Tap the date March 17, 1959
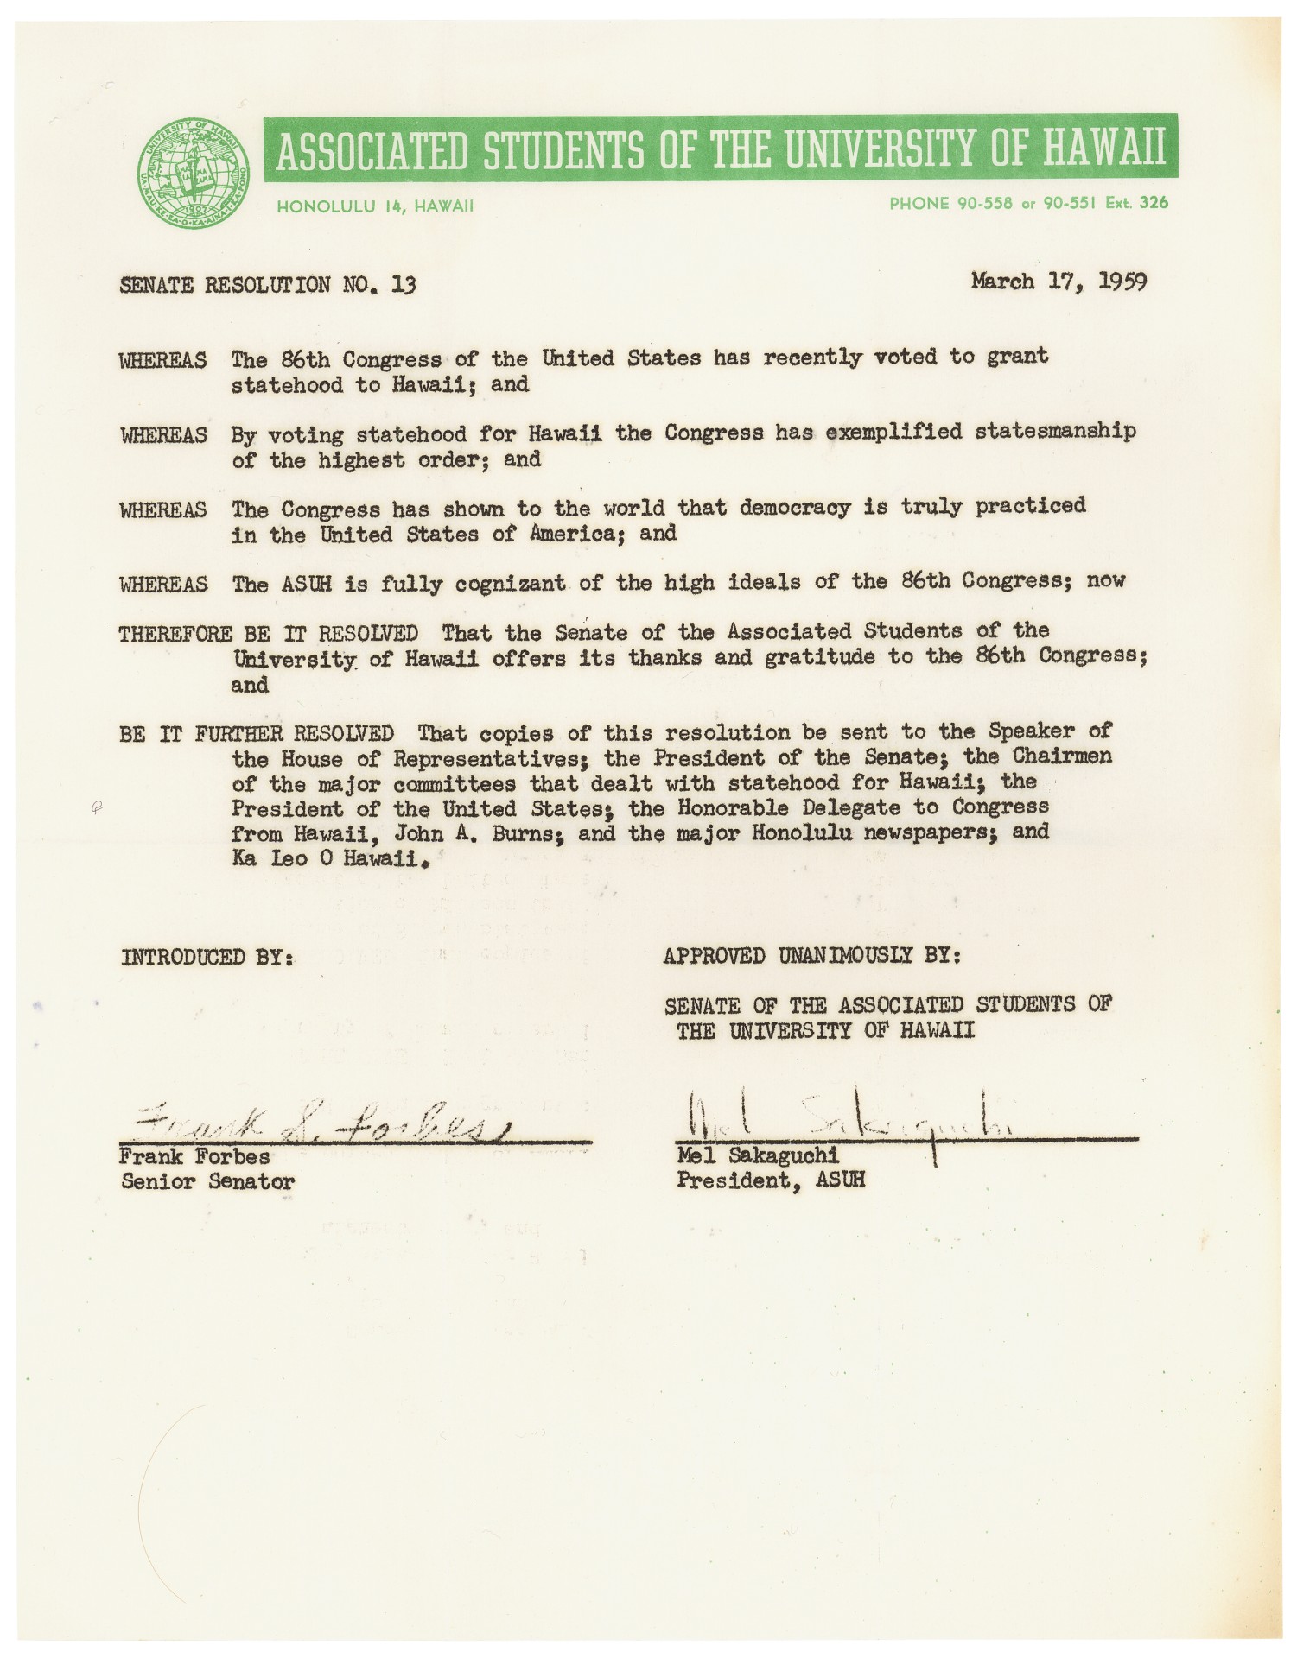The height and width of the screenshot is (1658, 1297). point(1059,282)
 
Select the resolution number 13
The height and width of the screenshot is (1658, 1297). point(403,284)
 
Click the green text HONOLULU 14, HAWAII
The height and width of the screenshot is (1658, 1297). point(375,206)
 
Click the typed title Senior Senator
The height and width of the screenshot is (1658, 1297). point(207,1181)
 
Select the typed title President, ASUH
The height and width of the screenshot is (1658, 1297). point(771,1180)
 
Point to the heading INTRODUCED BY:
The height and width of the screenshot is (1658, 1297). point(207,957)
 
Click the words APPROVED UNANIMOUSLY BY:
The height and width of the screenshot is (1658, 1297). point(811,956)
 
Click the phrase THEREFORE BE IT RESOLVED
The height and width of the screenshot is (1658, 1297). point(269,633)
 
